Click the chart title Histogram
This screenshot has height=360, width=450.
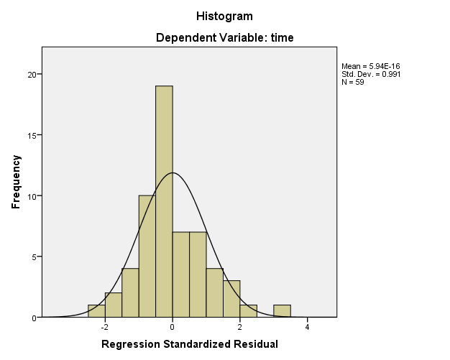224,16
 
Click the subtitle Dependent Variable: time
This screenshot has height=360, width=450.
224,37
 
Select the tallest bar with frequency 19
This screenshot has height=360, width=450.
164,201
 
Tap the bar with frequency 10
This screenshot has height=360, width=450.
147,256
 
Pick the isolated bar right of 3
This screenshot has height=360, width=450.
282,311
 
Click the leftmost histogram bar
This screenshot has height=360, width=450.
96,311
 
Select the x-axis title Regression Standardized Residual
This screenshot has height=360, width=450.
189,345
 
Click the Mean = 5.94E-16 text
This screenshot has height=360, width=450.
369,67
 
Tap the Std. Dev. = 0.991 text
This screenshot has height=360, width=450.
371,74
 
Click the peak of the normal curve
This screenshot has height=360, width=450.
173,172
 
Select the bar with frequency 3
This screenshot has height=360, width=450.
231,299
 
